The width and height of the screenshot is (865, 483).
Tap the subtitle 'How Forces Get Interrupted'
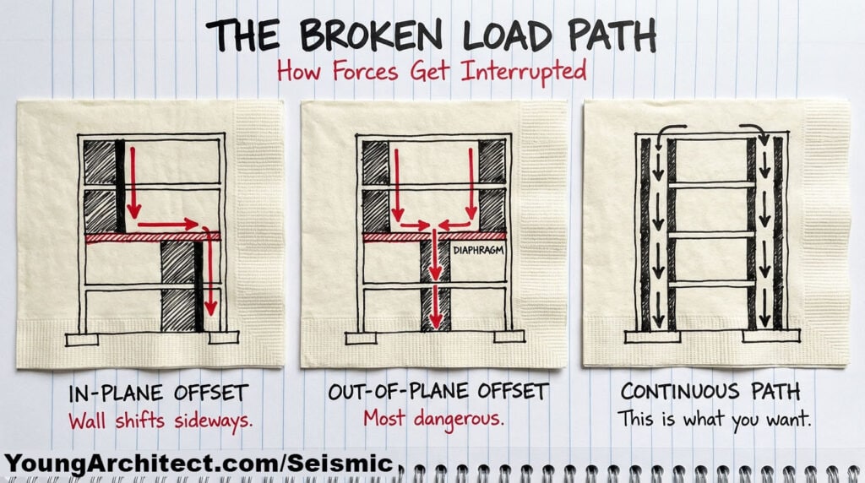tap(432, 71)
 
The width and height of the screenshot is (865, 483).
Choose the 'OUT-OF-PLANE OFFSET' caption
tap(432, 393)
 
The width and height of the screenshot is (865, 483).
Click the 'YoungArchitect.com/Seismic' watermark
tap(199, 463)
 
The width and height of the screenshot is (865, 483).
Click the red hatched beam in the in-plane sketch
tap(152, 237)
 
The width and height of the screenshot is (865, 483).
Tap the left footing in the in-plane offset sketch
tap(82, 339)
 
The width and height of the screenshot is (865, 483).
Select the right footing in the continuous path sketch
tap(770, 337)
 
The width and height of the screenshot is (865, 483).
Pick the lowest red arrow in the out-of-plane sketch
tap(435, 309)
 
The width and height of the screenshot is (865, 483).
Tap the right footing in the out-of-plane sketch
tap(509, 337)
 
